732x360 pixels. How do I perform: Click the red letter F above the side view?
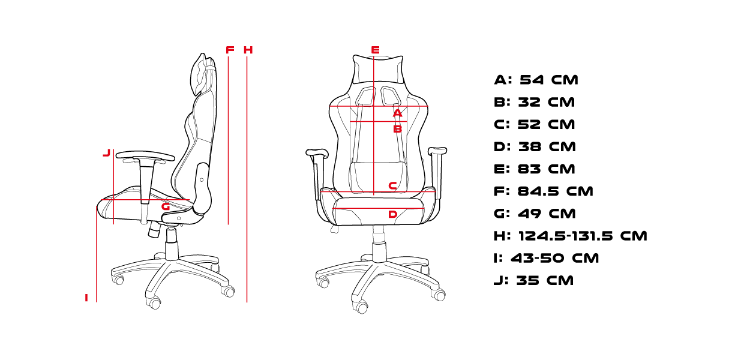(x=230, y=50)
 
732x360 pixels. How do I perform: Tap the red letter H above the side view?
(x=248, y=50)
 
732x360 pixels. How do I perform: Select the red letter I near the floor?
(x=86, y=298)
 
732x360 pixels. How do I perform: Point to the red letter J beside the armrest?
(x=107, y=152)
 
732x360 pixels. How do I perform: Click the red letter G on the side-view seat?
(x=166, y=206)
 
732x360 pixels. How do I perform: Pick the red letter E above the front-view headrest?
(x=375, y=50)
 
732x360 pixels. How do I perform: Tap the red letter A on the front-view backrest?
(x=397, y=113)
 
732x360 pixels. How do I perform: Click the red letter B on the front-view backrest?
(x=397, y=129)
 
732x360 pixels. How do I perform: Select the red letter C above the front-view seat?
(x=392, y=186)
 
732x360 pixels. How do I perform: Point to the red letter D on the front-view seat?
(x=392, y=214)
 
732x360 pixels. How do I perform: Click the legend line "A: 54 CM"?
(x=536, y=80)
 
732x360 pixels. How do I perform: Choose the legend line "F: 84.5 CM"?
(x=544, y=191)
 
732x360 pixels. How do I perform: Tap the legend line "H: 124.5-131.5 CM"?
(x=571, y=236)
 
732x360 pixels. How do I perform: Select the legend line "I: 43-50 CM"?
(x=547, y=258)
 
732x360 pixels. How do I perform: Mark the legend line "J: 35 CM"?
(x=533, y=281)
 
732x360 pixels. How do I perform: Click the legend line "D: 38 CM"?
(x=535, y=146)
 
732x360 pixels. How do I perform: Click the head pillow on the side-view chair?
(x=199, y=74)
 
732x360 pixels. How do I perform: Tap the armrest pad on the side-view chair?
(x=145, y=155)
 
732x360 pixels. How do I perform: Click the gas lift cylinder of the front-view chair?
(x=379, y=244)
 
